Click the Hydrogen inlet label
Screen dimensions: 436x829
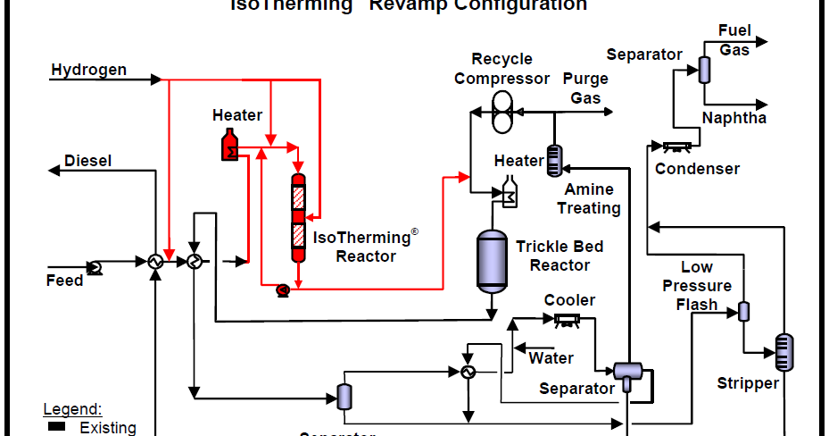point(88,70)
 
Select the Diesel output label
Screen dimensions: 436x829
point(87,162)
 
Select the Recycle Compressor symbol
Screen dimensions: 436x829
point(502,113)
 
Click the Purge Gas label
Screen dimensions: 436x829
point(585,88)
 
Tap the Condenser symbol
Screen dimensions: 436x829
point(680,146)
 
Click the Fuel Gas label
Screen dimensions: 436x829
point(734,40)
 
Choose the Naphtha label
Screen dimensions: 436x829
point(734,118)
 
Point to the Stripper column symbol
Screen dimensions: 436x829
point(783,351)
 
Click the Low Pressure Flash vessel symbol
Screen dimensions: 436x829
point(742,311)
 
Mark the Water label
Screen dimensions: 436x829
point(551,358)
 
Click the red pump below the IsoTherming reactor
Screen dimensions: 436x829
point(282,289)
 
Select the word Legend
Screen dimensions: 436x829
point(72,410)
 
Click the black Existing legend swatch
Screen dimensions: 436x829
point(56,426)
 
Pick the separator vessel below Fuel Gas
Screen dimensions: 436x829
point(704,69)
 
